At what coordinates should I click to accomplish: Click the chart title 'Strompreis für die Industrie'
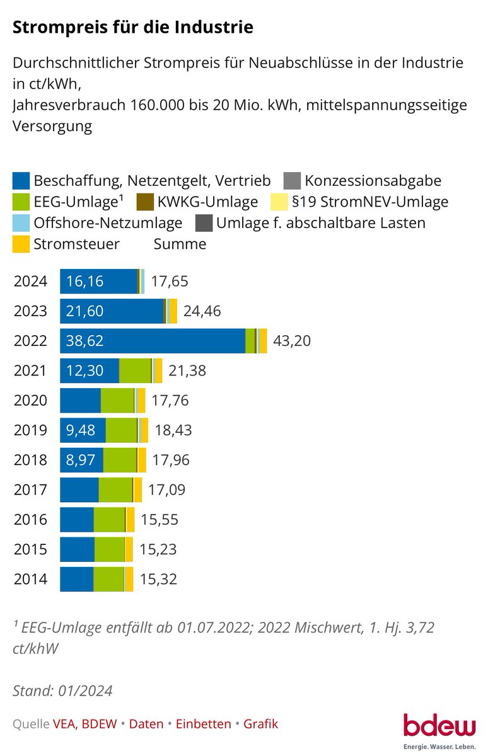[133, 27]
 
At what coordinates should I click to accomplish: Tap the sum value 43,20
[292, 341]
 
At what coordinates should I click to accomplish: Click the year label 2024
[30, 281]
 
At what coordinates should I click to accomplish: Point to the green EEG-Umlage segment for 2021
[135, 370]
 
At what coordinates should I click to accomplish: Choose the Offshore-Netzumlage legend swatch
[21, 223]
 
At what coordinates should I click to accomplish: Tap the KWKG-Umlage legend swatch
[146, 202]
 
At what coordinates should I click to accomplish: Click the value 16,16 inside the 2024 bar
[85, 281]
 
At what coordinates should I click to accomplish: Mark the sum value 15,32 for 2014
[158, 579]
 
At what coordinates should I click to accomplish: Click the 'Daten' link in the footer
[146, 724]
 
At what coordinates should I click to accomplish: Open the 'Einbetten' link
[203, 724]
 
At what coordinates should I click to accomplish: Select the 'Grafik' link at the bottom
[260, 724]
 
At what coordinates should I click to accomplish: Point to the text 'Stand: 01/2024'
[62, 690]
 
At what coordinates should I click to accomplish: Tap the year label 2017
[30, 490]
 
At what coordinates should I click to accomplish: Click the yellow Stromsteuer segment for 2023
[173, 311]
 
